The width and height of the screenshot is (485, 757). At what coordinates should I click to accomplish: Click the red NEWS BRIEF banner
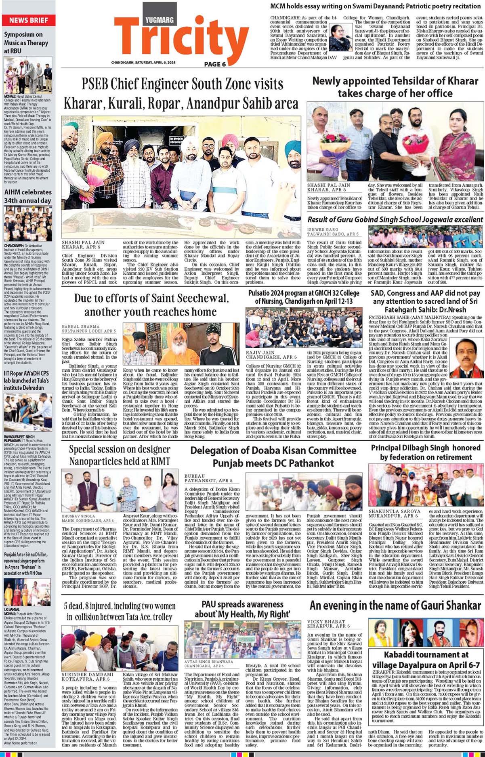pos(28,20)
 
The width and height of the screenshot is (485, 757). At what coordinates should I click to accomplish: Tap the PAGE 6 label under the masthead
pos(215,64)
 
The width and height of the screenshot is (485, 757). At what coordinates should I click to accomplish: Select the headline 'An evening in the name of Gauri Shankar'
pos(395,606)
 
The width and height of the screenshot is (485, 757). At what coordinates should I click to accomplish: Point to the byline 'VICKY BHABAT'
pos(321,621)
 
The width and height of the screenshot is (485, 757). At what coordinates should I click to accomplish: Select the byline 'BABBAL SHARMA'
pos(80,326)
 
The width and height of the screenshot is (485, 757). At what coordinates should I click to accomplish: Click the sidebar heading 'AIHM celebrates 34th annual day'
pos(28,196)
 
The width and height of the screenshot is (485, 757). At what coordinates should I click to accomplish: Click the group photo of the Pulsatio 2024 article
pos(304,328)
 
